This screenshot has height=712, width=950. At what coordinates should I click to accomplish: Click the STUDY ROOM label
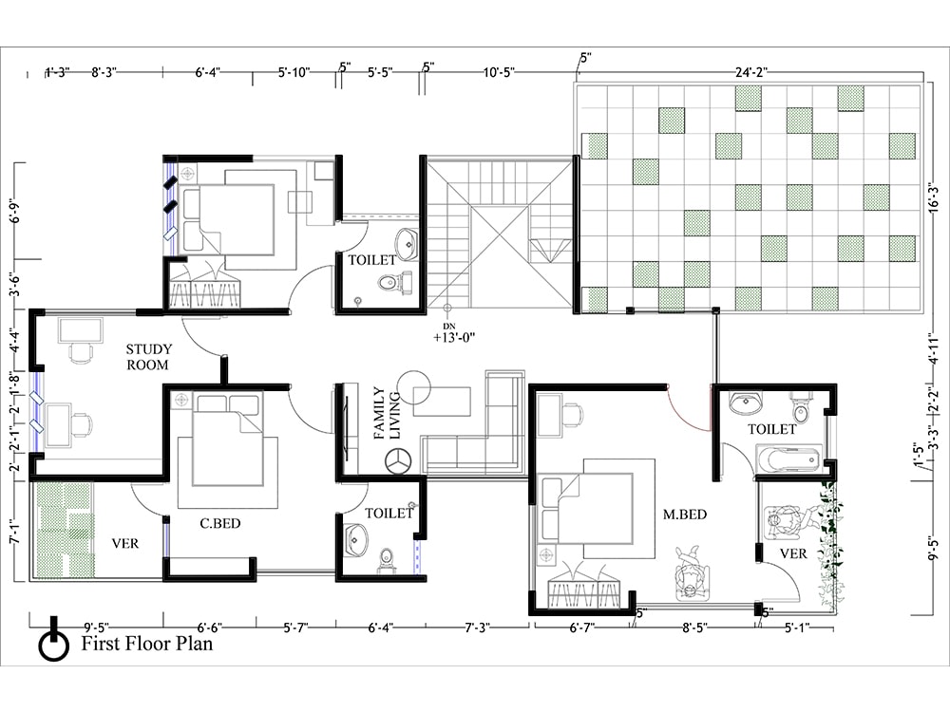(x=148, y=357)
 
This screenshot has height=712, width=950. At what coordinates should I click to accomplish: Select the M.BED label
(x=685, y=515)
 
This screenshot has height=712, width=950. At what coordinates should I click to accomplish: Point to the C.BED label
(x=220, y=523)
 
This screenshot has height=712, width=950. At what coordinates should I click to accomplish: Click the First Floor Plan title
(x=147, y=643)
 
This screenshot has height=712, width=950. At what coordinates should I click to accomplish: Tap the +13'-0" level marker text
(x=454, y=338)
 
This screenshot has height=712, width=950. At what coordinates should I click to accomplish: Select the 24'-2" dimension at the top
(x=751, y=72)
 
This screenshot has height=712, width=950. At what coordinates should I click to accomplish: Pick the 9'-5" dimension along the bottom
(x=96, y=628)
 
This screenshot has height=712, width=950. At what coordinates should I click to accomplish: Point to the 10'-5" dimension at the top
(x=499, y=73)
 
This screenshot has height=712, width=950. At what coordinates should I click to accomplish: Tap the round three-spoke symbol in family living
(x=398, y=460)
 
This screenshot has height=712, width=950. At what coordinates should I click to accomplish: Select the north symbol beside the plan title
(x=54, y=642)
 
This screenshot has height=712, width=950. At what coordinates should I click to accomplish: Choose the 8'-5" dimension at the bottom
(x=694, y=628)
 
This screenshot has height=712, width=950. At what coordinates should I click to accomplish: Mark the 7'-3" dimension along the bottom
(x=478, y=628)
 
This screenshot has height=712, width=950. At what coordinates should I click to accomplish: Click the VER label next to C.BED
(x=125, y=544)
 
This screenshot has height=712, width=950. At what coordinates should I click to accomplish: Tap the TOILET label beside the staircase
(x=372, y=260)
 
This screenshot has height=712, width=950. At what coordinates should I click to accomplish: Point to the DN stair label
(x=449, y=327)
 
